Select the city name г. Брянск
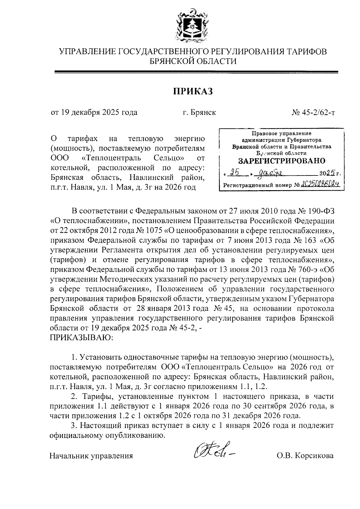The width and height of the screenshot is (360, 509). [x=199, y=113]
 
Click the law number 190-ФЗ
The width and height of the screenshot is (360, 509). [x=322, y=211]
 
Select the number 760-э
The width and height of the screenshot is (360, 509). [x=301, y=270]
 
